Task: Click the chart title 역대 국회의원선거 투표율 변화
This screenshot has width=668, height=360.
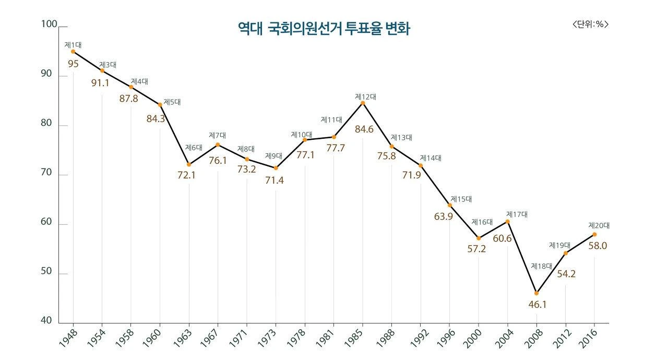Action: point(324,29)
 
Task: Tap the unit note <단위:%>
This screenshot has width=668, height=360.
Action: point(590,24)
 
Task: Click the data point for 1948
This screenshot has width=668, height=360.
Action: point(73,52)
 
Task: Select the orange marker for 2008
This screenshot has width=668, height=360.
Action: point(536,293)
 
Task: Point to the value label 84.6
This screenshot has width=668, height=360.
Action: point(363,129)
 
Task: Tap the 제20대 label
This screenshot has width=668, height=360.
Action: point(599,226)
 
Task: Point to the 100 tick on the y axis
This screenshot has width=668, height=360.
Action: point(49,24)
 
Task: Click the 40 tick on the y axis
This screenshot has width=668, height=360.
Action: point(47,320)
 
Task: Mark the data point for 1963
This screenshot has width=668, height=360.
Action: point(189,164)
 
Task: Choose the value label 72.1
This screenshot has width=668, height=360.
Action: point(186,175)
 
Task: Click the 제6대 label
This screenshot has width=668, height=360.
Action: point(193,148)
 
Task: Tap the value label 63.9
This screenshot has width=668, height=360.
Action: point(443,216)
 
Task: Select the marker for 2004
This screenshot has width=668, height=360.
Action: point(507,222)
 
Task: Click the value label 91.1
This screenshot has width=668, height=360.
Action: point(100,82)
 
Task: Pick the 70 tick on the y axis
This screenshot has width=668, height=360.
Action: point(47,172)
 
